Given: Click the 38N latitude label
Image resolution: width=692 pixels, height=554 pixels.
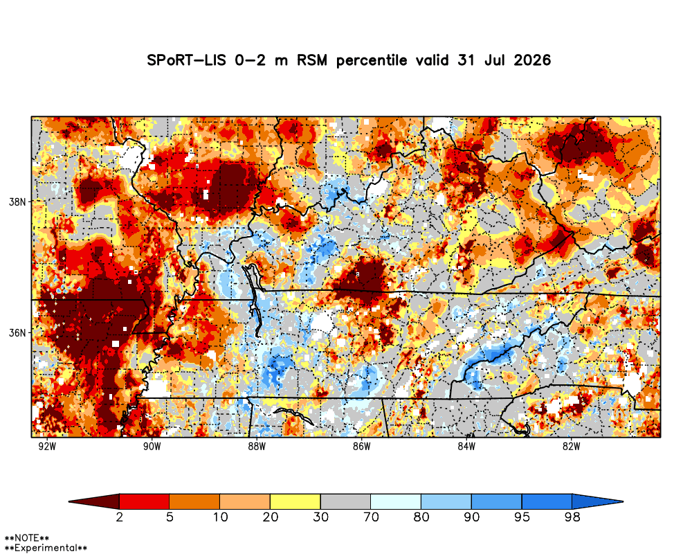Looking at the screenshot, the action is (x=17, y=202).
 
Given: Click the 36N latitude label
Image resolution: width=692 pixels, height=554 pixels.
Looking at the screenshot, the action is (x=17, y=332).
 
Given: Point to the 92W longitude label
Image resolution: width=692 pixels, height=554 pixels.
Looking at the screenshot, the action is (x=47, y=446).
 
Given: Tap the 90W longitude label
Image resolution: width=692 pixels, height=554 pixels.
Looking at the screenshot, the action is (x=152, y=446).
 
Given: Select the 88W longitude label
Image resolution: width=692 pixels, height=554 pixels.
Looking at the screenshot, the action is (x=257, y=446).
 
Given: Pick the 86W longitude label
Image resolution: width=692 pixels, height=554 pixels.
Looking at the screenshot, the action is (x=361, y=446).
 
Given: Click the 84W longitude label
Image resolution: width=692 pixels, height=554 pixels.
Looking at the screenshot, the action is (x=466, y=446).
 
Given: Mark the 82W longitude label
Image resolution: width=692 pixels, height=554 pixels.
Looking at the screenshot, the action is (x=571, y=446).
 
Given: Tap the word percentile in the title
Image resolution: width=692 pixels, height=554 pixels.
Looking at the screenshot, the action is (x=372, y=61).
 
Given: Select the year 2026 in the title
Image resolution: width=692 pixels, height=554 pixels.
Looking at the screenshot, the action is (x=532, y=60).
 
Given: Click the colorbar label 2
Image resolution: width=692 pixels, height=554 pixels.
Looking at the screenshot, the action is (x=119, y=517).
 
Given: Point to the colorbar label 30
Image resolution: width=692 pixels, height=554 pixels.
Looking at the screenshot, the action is (x=321, y=517).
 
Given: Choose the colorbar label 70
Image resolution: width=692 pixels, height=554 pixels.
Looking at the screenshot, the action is (x=371, y=517).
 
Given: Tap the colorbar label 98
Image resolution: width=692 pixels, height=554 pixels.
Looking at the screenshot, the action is (x=572, y=517).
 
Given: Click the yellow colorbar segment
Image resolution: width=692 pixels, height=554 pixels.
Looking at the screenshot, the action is (x=295, y=502).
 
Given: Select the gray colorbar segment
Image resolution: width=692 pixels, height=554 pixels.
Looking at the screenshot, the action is (x=345, y=502).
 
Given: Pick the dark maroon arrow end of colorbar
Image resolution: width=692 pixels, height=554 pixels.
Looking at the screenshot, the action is (x=94, y=502).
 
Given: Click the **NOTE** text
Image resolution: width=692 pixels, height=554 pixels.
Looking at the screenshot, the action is (x=26, y=538).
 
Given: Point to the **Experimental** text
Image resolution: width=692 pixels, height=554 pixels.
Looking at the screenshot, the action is (x=46, y=548).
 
